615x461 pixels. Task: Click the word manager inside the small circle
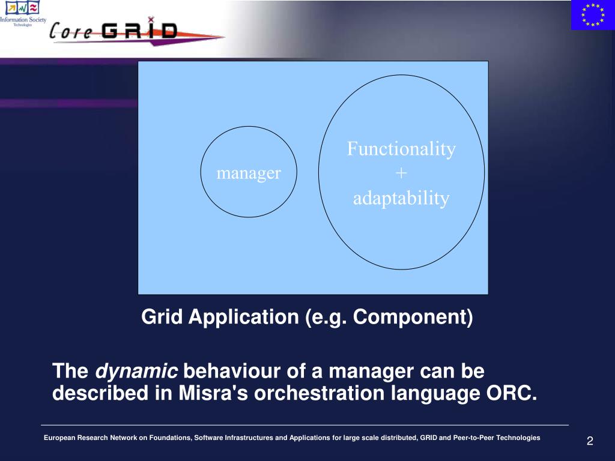[x=249, y=173]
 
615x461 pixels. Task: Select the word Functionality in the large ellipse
[x=401, y=149]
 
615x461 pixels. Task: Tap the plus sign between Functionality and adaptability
[x=401, y=173]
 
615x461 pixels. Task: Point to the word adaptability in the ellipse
[x=401, y=198]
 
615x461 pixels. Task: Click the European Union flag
[x=593, y=15]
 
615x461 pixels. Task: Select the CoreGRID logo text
[x=114, y=31]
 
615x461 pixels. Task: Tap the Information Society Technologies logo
[x=23, y=13]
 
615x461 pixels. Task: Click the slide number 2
[x=590, y=441]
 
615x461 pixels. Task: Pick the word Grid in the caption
[x=162, y=316]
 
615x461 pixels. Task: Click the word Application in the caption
[x=244, y=317]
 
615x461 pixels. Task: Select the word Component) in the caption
[x=413, y=317]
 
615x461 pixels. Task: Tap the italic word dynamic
[x=136, y=371]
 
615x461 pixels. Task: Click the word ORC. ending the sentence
[x=512, y=393]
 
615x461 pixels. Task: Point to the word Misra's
[x=213, y=393]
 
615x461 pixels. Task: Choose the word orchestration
[x=320, y=393]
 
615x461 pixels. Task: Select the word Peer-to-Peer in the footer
[x=474, y=438]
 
